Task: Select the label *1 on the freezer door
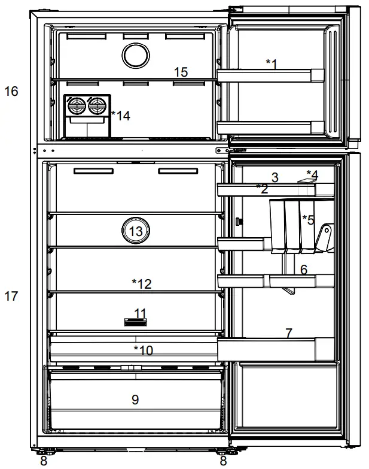point(272,63)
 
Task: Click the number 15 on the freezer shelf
point(181,72)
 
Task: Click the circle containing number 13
point(136,231)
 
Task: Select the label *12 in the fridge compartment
point(141,284)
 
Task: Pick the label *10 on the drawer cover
point(143,350)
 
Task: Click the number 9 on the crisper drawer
point(135,400)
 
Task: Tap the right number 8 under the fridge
point(223,462)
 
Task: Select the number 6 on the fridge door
point(304,270)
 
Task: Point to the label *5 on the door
point(307,219)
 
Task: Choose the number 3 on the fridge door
point(275,177)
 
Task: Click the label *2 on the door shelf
point(261,188)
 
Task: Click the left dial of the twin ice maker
point(76,107)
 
